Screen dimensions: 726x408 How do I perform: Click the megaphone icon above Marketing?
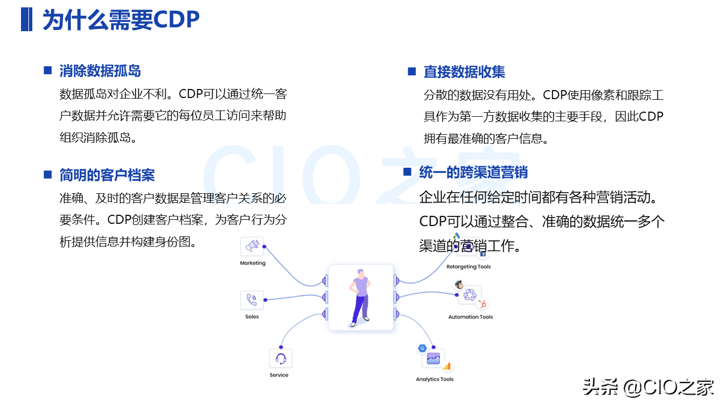tap(252, 246)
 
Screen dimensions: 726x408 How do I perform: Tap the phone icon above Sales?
tap(251, 300)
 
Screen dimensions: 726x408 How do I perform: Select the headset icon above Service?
tap(281, 359)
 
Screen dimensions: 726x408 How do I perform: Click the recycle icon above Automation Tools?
tap(470, 295)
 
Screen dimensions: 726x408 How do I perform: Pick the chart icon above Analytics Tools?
tap(433, 359)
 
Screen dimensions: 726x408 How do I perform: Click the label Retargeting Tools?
tap(468, 266)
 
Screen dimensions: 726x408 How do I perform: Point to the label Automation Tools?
tap(470, 317)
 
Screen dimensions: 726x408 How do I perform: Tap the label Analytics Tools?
tap(434, 379)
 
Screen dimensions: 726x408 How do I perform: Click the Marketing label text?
tap(252, 263)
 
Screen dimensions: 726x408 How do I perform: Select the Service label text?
tap(278, 375)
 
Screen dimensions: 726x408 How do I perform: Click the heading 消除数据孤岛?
tap(100, 71)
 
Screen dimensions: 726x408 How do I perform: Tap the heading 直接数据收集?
tap(464, 71)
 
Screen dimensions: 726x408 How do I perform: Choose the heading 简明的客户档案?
tap(107, 175)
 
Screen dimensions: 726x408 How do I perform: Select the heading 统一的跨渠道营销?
tap(473, 172)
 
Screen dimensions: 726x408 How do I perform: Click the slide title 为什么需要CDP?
tap(121, 19)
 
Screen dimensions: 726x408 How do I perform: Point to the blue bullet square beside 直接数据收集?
tap(412, 71)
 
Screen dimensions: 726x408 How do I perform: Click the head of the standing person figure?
tap(361, 273)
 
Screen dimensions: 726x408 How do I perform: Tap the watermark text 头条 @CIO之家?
tap(648, 387)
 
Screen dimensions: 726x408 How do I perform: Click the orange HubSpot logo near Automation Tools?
tap(483, 304)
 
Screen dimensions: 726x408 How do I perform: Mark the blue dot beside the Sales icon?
tap(265, 300)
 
